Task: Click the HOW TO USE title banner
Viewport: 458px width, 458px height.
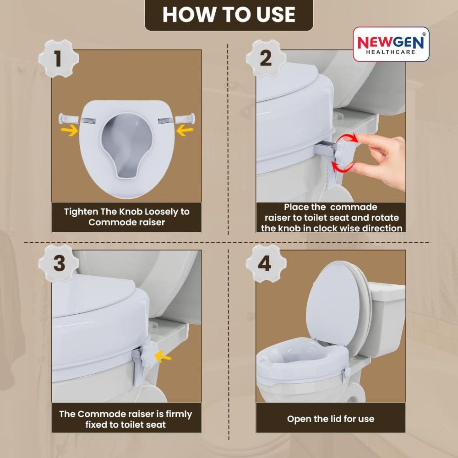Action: point(229,15)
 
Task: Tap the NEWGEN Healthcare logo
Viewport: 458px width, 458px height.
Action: point(391,44)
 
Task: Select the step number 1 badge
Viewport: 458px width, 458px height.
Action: point(59,59)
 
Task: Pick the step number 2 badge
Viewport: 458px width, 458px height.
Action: point(266,59)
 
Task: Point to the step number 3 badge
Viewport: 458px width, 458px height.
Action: point(59,263)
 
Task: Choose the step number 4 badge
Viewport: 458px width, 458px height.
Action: point(266,263)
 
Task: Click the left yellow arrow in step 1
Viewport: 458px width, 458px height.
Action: point(69,131)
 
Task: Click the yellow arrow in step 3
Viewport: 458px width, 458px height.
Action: point(163,357)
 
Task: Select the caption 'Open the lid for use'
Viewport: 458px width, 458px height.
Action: point(331,419)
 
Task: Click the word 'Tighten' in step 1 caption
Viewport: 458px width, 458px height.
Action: point(81,212)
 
